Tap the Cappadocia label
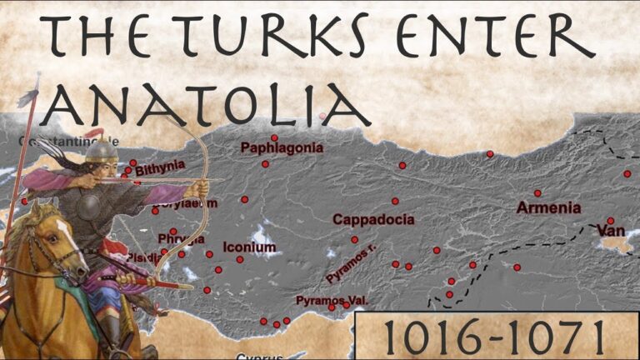click(x=372, y=220)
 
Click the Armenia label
click(x=547, y=207)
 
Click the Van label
click(x=610, y=230)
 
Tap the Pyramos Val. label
click(x=331, y=299)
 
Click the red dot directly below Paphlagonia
click(x=265, y=164)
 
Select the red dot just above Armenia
click(x=537, y=192)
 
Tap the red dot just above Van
click(x=610, y=220)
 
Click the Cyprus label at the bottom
click(x=253, y=357)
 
